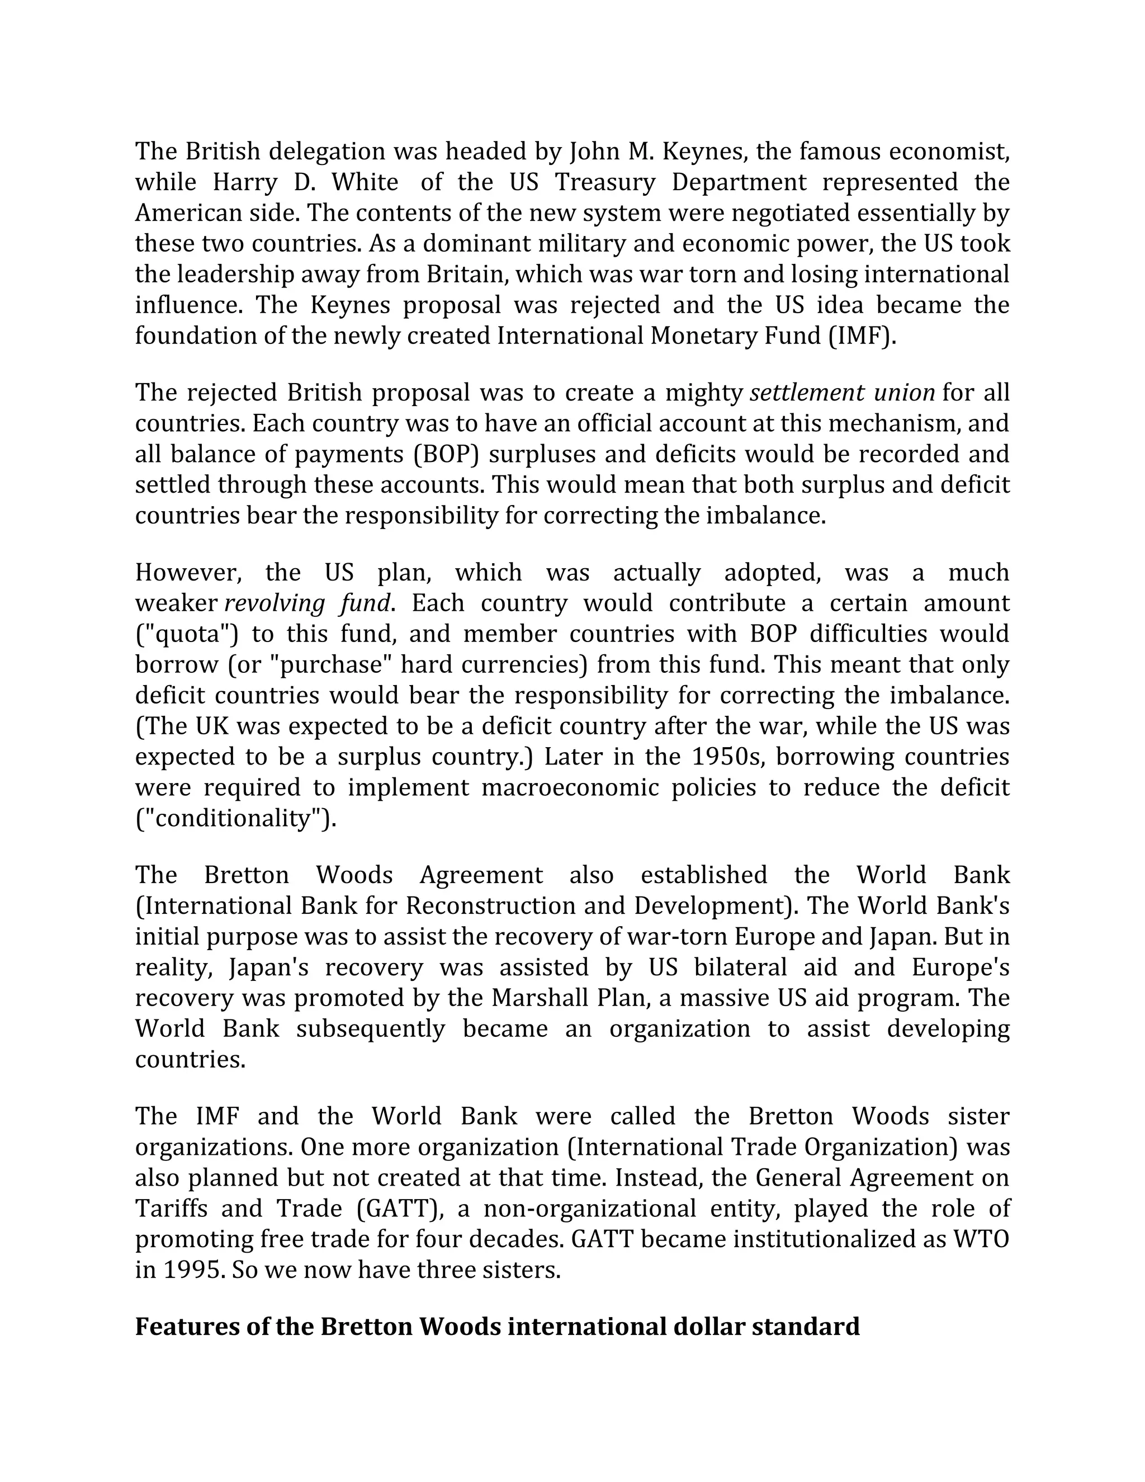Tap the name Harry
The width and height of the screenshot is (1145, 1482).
245,182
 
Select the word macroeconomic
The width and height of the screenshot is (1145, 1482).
569,787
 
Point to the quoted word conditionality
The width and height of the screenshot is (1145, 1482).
235,818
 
